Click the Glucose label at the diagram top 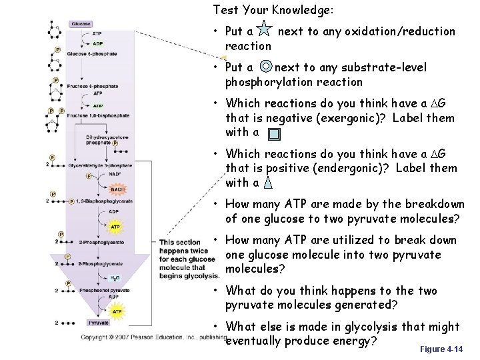tap(81, 24)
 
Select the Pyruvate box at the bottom tap(99, 323)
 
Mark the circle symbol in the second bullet tap(266, 67)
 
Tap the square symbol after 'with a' tap(275, 133)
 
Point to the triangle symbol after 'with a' tap(267, 181)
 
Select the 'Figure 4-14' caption tap(442, 349)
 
